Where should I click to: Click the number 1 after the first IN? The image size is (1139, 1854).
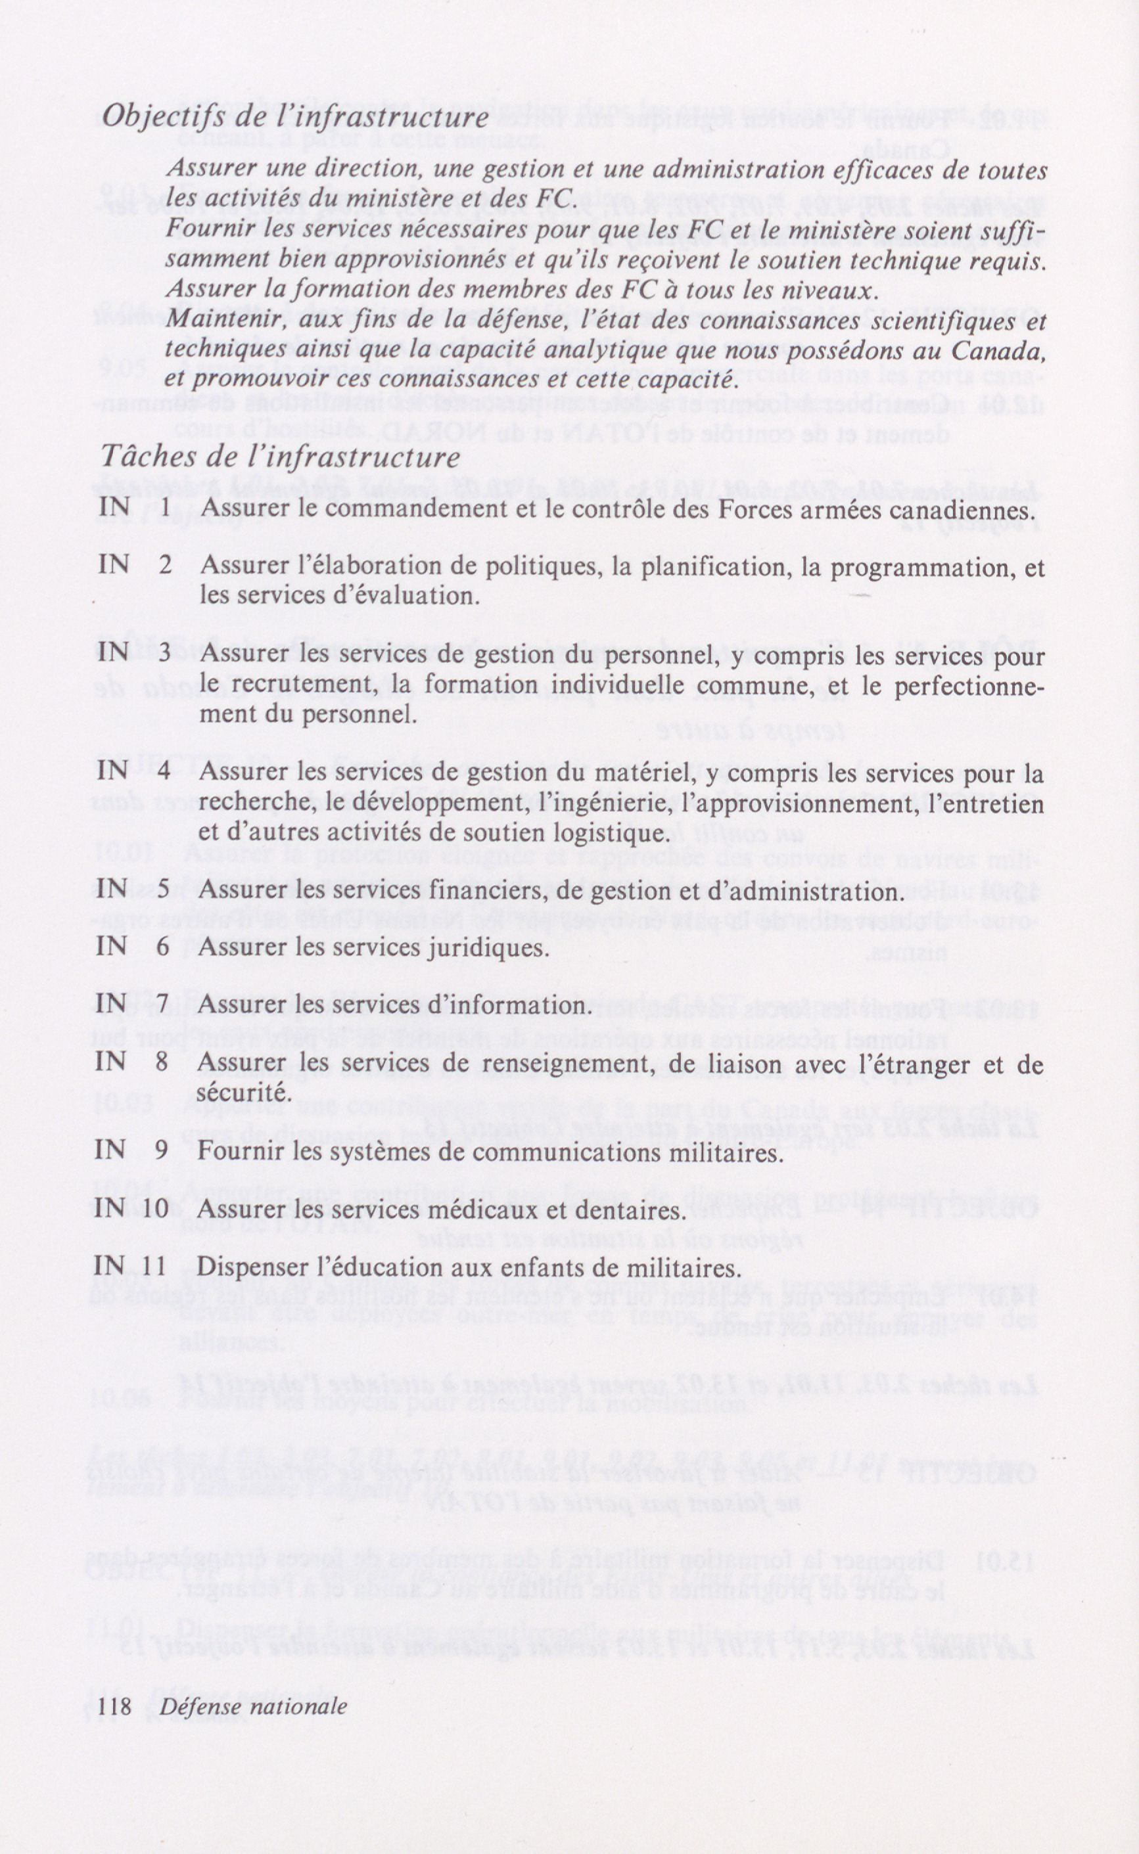tap(165, 509)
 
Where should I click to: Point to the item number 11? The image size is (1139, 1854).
tap(153, 1267)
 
